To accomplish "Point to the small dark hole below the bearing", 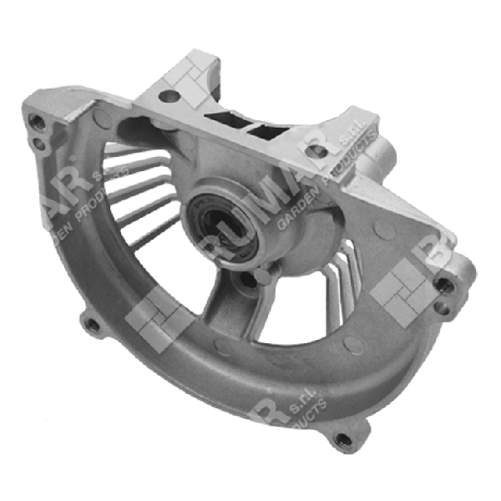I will point(251,283).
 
